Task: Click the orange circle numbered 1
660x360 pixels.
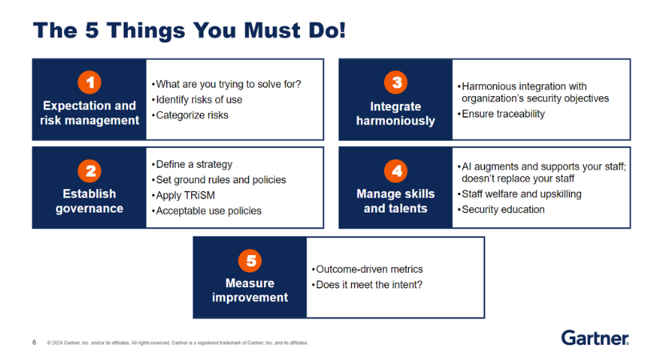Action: [x=90, y=82]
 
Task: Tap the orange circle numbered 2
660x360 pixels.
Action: [x=90, y=171]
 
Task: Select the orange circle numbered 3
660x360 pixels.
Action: [x=396, y=82]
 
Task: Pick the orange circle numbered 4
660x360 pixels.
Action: [x=396, y=171]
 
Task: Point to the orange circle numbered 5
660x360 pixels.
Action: [x=250, y=261]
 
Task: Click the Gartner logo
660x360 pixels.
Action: [x=595, y=338]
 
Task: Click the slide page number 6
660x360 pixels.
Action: [x=34, y=342]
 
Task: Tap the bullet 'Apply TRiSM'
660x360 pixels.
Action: [x=183, y=195]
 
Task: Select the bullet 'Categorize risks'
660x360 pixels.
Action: [x=190, y=115]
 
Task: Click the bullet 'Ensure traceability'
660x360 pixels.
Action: [x=501, y=114]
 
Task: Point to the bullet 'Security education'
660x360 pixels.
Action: [x=501, y=210]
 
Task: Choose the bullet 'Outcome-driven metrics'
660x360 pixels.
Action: [x=367, y=269]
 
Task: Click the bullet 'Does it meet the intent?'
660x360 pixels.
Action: [x=366, y=285]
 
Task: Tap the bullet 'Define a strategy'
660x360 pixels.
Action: [x=192, y=164]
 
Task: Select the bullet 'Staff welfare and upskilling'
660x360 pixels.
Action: [x=519, y=194]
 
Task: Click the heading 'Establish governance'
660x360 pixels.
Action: [x=90, y=201]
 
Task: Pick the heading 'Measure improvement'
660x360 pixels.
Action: [x=250, y=290]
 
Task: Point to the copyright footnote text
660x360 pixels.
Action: [x=178, y=342]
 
